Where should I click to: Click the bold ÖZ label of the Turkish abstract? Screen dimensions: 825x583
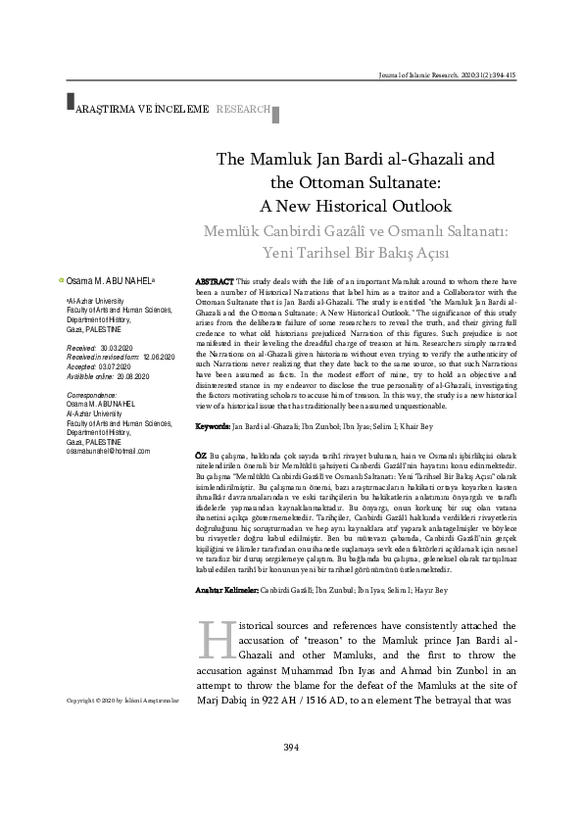point(201,457)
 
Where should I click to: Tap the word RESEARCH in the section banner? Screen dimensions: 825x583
point(244,109)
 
